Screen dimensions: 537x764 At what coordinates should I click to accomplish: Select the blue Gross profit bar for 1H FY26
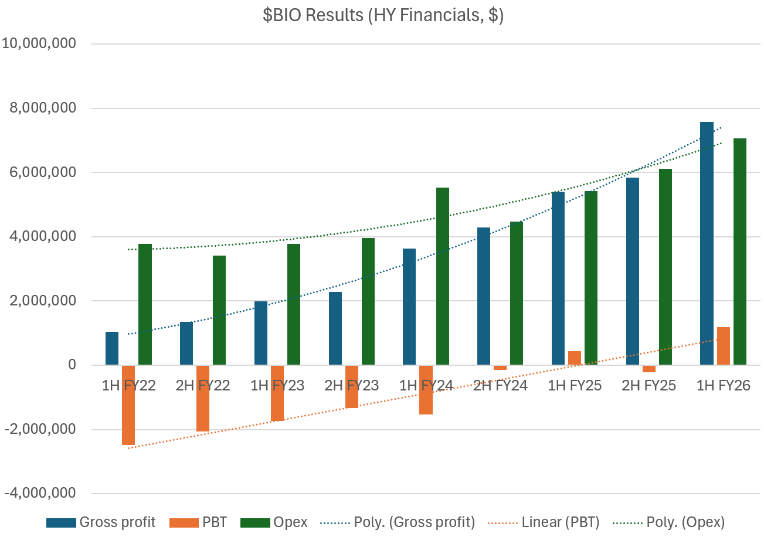707,243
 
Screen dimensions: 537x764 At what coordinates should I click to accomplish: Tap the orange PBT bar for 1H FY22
128,405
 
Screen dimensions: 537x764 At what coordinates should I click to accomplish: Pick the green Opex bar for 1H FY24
442,276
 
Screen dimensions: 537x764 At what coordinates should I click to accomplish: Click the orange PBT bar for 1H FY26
723,346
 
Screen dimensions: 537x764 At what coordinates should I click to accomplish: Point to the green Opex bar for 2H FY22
219,310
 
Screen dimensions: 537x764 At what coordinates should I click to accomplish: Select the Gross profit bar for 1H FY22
112,348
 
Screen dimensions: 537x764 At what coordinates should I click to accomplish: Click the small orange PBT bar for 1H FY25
575,358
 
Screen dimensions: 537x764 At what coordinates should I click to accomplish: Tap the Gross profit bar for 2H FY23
335,328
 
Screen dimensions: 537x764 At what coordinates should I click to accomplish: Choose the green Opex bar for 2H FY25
665,267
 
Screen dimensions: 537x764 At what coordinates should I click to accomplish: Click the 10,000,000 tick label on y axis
39,44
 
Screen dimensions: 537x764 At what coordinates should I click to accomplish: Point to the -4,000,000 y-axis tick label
39,494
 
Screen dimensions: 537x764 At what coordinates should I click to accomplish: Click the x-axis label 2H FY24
500,386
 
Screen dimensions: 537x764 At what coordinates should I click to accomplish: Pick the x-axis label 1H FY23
277,386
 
